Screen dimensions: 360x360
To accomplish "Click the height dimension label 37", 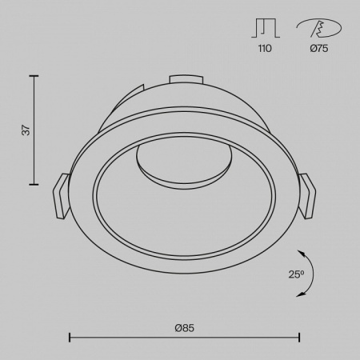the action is (26, 130).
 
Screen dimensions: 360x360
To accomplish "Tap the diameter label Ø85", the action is (185, 328).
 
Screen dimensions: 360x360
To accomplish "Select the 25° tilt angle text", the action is (296, 274).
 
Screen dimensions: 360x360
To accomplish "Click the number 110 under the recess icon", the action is (265, 48).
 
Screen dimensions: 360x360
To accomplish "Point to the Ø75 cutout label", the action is (319, 48).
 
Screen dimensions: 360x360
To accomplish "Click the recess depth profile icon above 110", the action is (266, 28).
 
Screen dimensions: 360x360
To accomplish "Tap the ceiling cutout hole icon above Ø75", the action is (319, 28).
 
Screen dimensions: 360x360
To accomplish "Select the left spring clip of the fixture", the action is (61, 196).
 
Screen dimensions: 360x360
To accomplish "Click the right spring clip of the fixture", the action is (307, 196).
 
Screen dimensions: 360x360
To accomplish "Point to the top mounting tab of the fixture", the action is (186, 79).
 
